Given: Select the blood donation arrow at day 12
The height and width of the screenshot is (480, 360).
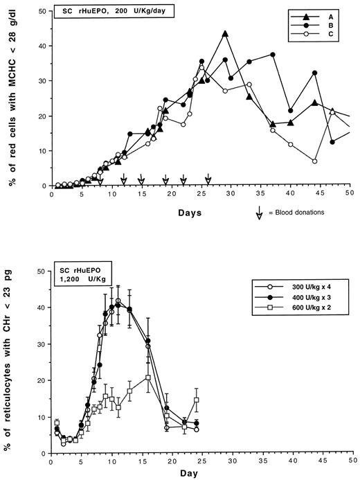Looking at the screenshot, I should coord(123,181).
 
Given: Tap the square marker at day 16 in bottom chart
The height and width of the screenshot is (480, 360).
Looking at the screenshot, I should coord(148,377).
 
